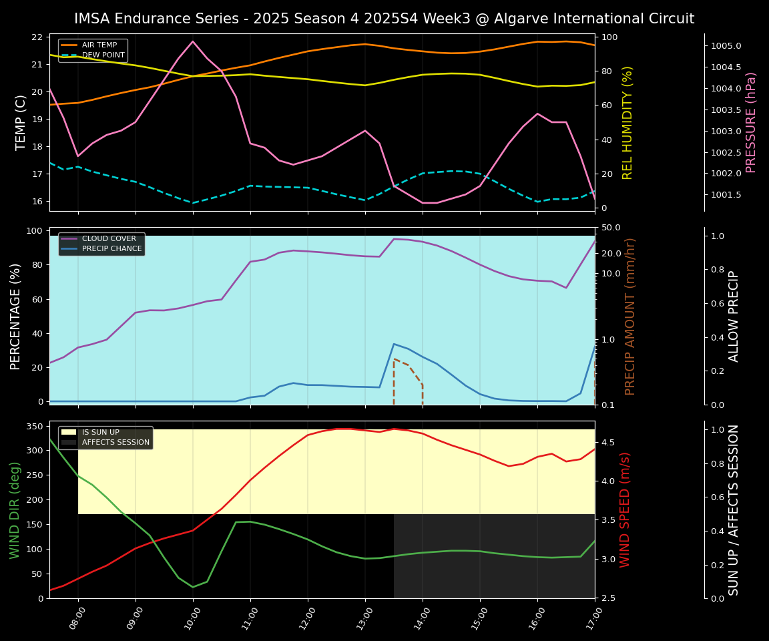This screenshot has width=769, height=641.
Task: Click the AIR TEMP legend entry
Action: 99,45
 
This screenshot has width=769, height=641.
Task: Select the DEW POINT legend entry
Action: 99,55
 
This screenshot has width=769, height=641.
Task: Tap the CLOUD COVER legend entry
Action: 109,238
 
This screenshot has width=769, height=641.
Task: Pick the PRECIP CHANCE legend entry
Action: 111,249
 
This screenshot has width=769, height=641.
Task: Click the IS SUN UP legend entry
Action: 100,432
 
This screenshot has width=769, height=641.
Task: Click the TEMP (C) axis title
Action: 21,122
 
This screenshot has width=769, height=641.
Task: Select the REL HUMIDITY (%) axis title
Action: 627,122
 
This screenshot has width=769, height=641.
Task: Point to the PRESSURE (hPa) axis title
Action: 752,122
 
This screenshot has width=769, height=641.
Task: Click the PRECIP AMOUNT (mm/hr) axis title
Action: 630,316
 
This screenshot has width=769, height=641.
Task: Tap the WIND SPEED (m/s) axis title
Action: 625,509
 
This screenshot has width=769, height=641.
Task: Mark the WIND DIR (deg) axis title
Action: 15,509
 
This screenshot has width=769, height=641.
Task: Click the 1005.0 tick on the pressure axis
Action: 726,46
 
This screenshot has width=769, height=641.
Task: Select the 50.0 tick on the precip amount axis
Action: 611,228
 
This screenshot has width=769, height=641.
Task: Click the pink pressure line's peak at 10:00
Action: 193,41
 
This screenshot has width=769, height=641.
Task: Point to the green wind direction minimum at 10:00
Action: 193,587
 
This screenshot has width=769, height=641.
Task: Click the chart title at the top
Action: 384,19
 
